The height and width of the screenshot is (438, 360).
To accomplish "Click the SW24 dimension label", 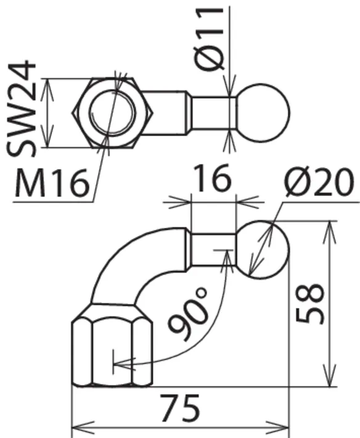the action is [22, 108].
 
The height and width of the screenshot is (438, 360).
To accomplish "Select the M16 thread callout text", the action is [52, 183].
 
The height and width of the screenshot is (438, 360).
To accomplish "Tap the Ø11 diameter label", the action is [210, 39].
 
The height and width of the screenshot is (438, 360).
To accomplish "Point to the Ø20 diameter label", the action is [319, 182].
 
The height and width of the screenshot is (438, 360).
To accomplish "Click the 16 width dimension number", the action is [213, 178].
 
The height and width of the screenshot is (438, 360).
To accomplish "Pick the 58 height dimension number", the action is [309, 304].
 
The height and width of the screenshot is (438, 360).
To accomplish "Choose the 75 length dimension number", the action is [181, 408].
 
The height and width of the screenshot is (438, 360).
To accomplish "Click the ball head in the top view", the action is [263, 113].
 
